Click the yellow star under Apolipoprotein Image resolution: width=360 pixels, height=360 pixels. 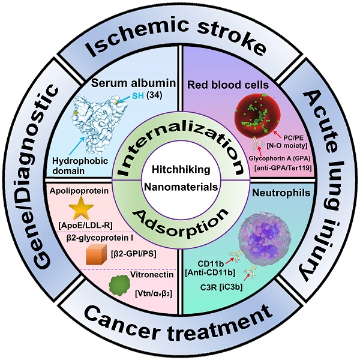point(81,208)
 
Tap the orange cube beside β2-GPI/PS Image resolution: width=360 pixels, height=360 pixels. point(96,254)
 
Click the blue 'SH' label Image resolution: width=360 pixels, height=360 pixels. point(138,96)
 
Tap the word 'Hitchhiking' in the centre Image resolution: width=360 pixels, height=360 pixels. point(181,170)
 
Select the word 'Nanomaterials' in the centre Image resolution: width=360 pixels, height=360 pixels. point(181,187)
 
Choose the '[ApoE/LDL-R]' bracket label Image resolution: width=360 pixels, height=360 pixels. point(85,226)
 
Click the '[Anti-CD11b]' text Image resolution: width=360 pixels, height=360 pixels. point(210,272)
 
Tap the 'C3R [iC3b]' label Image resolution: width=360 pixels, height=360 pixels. point(221,287)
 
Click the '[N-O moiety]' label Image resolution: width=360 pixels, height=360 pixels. point(287,146)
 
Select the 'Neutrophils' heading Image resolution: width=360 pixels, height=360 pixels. point(281,193)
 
